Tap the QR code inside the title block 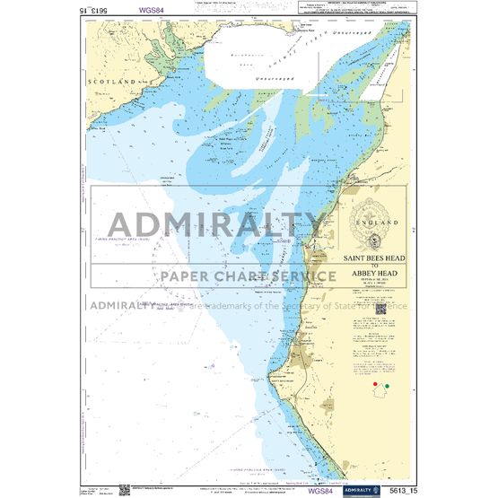(x=379, y=309)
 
